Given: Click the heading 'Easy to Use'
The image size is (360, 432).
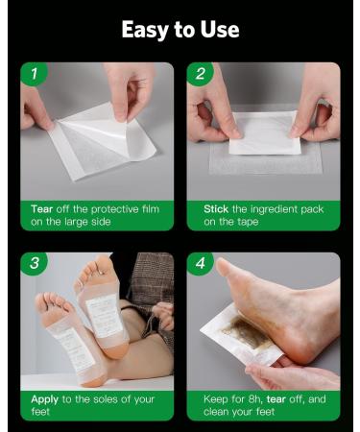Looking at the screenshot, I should [x=180, y=30].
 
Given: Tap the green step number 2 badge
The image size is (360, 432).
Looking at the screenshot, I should [x=200, y=74].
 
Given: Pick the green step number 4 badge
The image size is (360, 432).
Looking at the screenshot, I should [x=200, y=264].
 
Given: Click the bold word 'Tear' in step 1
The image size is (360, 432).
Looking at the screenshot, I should [x=40, y=208].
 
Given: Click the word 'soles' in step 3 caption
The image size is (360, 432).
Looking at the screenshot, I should [x=99, y=396].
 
